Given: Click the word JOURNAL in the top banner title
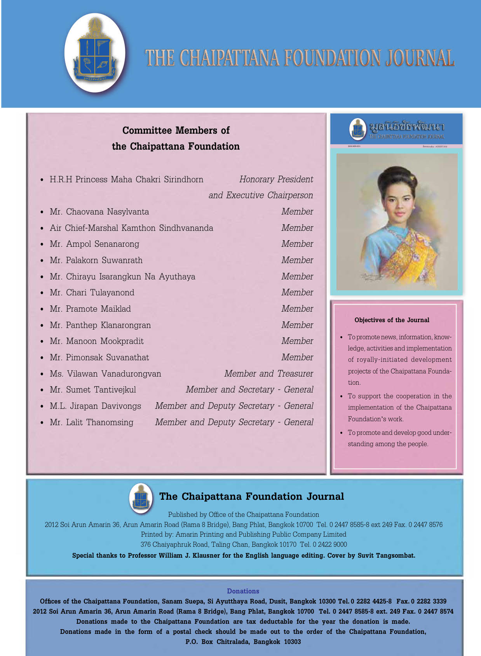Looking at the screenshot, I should click(420, 58).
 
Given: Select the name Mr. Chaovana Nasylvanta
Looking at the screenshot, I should click(99, 212).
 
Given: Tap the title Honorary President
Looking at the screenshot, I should click(276, 180).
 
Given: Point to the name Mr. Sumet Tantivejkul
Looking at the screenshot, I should click(93, 390).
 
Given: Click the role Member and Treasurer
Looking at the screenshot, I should click(268, 374).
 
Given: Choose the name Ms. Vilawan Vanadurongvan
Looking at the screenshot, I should click(105, 374).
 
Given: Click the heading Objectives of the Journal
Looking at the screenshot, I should click(392, 320).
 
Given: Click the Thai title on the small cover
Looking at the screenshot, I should click(406, 127).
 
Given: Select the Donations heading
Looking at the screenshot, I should click(243, 591).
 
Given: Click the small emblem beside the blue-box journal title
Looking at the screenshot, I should click(141, 497).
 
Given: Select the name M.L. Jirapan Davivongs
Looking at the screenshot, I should click(95, 406).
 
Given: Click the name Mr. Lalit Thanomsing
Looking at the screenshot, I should click(91, 422).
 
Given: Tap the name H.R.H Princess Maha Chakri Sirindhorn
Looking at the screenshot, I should click(126, 180).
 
